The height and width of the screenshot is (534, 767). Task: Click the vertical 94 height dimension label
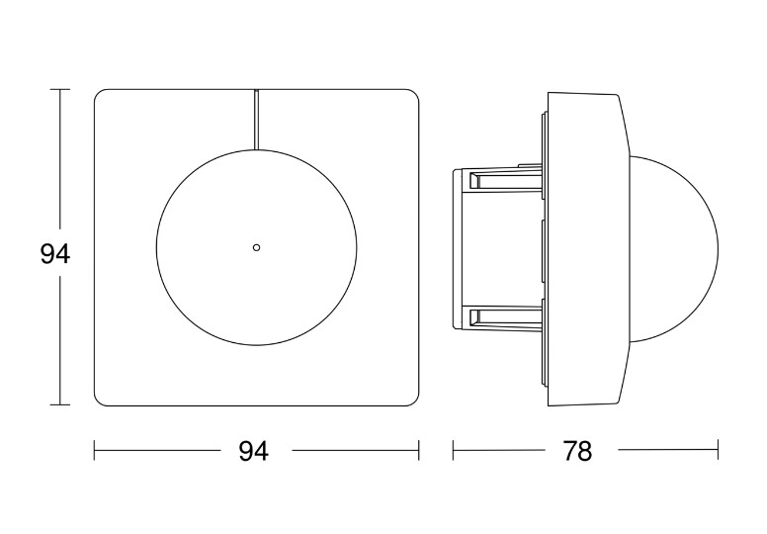point(54,254)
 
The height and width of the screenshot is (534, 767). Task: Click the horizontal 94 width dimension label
point(253,451)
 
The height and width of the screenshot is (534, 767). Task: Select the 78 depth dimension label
point(577,451)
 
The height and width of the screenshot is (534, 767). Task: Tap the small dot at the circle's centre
point(256,247)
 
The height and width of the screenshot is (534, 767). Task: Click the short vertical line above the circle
point(256,120)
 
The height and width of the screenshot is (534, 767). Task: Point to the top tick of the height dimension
point(59,90)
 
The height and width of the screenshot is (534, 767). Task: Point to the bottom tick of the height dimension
point(59,404)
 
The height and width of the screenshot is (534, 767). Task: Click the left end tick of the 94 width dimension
point(95,450)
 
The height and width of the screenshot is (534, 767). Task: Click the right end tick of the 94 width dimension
point(419,450)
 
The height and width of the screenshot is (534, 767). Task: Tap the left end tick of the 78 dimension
point(453,450)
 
